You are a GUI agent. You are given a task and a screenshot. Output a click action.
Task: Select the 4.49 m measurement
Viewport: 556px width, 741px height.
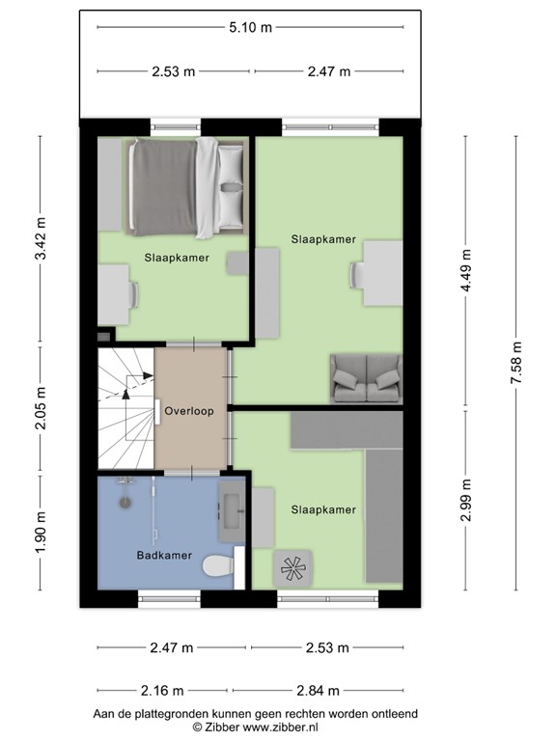pyautogui.click(x=466, y=277)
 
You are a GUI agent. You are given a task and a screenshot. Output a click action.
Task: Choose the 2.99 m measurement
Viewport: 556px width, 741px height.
pyautogui.click(x=466, y=501)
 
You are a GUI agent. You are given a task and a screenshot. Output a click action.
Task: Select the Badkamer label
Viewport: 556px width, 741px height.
pyautogui.click(x=163, y=556)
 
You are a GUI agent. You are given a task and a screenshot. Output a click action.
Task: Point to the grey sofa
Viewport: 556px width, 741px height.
pyautogui.click(x=364, y=377)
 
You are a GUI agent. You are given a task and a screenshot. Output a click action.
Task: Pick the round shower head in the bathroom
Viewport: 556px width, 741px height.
pyautogui.click(x=124, y=502)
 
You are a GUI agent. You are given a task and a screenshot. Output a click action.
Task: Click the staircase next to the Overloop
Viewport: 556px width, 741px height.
pyautogui.click(x=125, y=408)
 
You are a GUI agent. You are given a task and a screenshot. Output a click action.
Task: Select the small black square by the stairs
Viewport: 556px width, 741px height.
pyautogui.click(x=104, y=335)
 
